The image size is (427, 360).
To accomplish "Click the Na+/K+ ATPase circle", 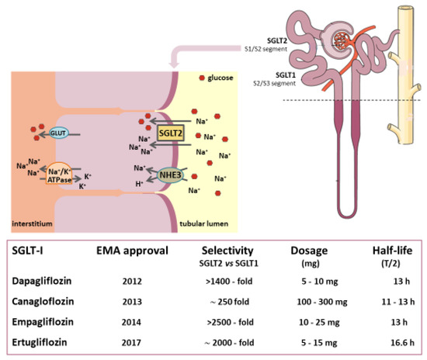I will point(61,173).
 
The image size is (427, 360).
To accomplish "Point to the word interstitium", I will point(32,223).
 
